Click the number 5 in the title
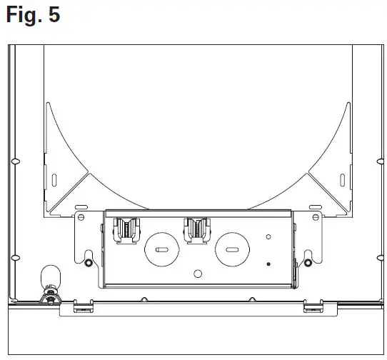54,16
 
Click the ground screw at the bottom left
49,295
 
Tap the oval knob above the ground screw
49,275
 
